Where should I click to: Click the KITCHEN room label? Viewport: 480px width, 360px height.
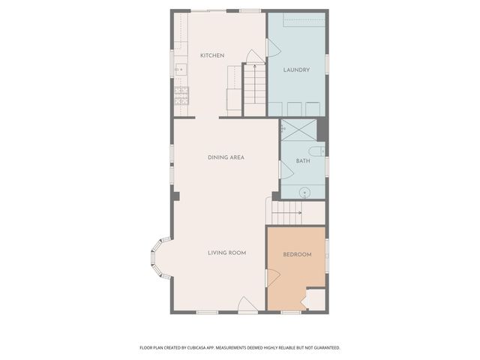click(212, 56)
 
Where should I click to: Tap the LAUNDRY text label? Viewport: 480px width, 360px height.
click(296, 70)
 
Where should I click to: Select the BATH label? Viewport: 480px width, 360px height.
click(303, 161)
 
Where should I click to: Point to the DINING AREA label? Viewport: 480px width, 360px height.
click(226, 157)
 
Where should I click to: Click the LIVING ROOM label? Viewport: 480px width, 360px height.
click(226, 253)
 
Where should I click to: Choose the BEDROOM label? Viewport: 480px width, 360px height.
click(296, 255)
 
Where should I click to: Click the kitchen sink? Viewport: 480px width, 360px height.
click(180, 70)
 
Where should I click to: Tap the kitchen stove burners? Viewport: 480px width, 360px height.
click(180, 94)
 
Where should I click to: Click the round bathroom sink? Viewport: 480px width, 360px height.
click(305, 192)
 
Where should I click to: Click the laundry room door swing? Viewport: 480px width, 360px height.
click(273, 47)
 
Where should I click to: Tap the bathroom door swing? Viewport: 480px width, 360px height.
click(285, 169)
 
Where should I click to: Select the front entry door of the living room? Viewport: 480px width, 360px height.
click(247, 304)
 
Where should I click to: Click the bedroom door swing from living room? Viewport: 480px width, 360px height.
click(273, 278)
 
